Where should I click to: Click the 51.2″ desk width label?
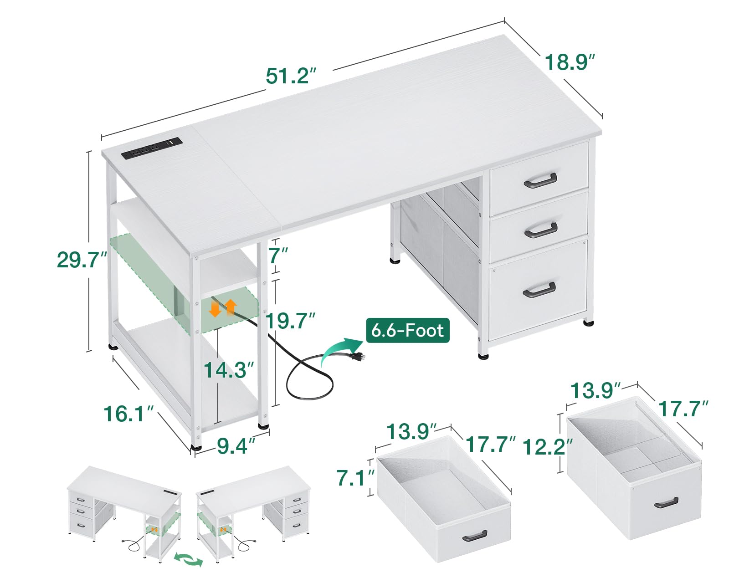tap(291, 76)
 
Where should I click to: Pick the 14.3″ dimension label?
tap(228, 370)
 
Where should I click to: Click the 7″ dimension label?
tap(278, 256)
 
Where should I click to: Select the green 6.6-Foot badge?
tap(407, 330)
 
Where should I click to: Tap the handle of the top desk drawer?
tap(540, 180)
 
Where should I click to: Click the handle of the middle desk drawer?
tap(541, 230)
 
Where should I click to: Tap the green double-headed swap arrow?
tap(189, 560)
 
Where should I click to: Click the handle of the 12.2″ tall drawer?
tap(666, 503)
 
